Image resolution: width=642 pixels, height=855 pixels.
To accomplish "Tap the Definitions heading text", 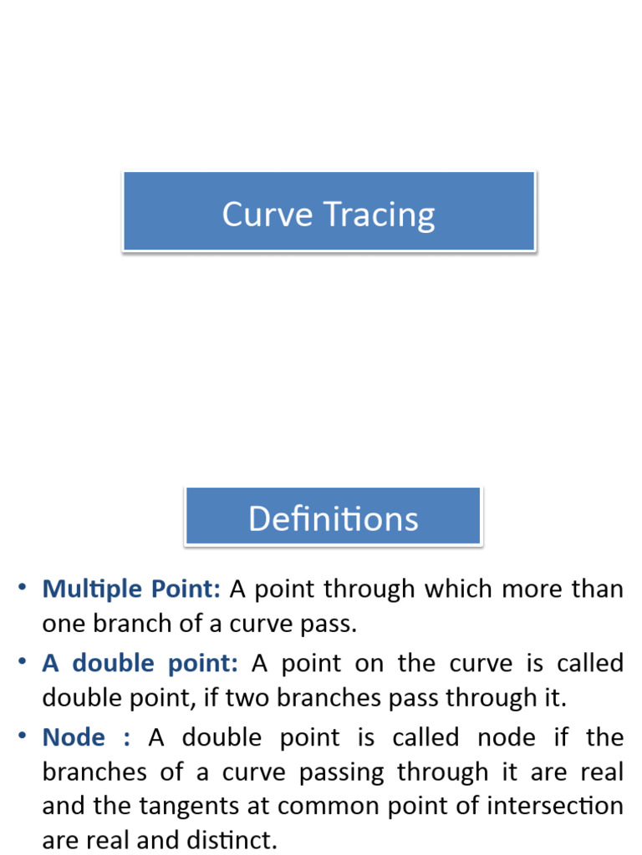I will pyautogui.click(x=333, y=519).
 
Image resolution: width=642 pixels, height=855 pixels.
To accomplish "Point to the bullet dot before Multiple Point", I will pyautogui.click(x=23, y=588).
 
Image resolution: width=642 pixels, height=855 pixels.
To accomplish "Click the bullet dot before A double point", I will pyautogui.click(x=23, y=662).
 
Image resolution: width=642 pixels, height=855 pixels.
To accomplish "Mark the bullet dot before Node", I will pyautogui.click(x=23, y=736).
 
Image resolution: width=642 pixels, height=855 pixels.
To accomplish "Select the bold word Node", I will pyautogui.click(x=74, y=737).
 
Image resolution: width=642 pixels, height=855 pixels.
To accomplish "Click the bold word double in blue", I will pyautogui.click(x=113, y=664).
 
